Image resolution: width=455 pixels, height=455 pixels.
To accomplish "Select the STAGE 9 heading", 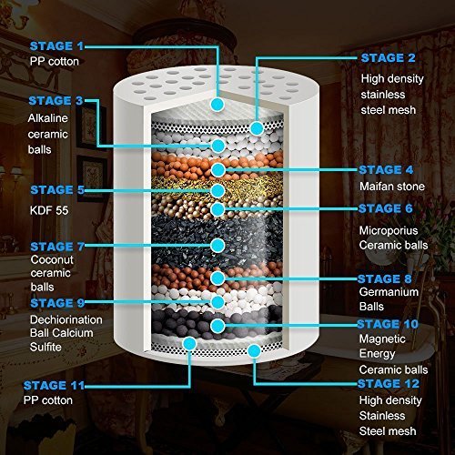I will click(x=55, y=303).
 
